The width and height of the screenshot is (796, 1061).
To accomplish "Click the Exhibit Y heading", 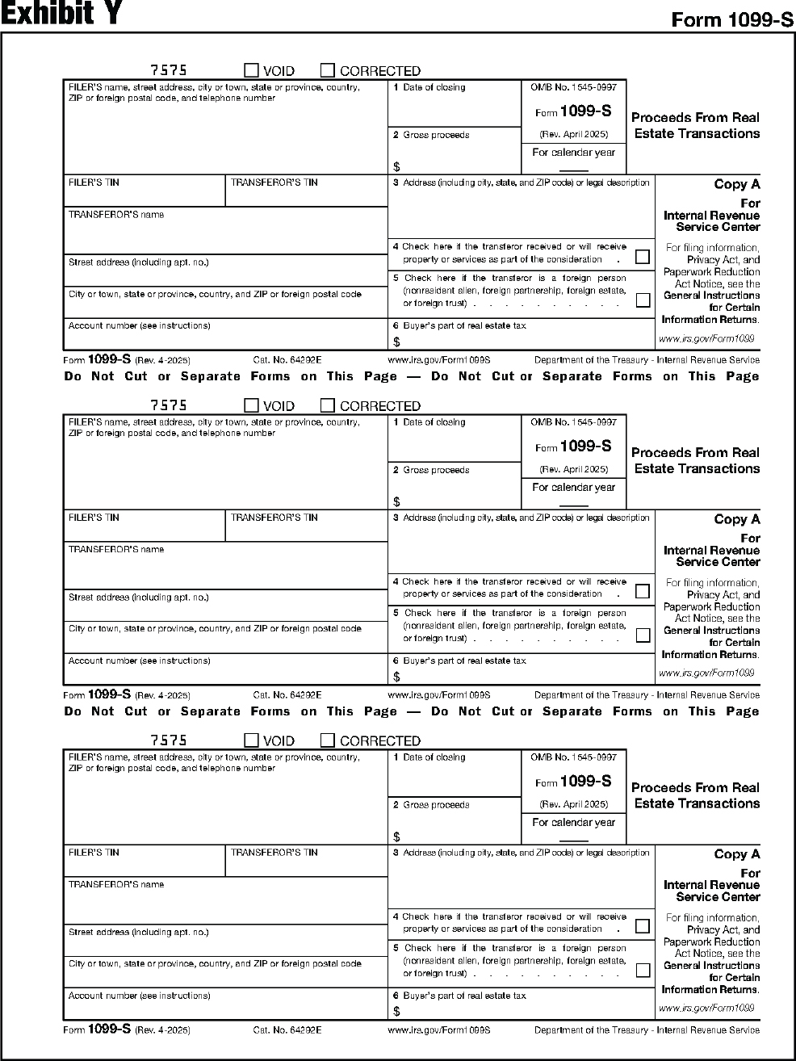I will click(x=61, y=15).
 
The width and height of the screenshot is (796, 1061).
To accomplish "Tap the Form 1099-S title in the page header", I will click(x=732, y=20).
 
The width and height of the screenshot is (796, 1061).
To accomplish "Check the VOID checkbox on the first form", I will click(x=252, y=70).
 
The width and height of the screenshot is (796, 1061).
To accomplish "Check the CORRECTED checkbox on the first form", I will click(x=328, y=70).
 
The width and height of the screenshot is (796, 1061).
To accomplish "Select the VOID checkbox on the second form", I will click(x=252, y=405).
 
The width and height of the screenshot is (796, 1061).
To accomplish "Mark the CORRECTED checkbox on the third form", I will click(x=328, y=740).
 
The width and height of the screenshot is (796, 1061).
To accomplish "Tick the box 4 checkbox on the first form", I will click(x=643, y=257).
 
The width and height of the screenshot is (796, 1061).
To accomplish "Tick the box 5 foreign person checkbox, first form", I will click(x=643, y=300).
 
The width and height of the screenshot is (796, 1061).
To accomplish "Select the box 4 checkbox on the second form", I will click(x=643, y=591).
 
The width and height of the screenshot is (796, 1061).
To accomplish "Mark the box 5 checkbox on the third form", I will click(x=643, y=970).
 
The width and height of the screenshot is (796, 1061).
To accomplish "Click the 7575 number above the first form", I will click(x=169, y=70).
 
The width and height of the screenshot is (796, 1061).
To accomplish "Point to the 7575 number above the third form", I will click(x=169, y=740).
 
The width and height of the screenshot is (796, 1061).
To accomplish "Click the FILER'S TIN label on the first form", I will click(x=94, y=182).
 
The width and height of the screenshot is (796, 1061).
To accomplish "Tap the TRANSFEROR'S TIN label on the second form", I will click(x=274, y=518).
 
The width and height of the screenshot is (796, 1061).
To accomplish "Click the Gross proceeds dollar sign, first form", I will click(x=396, y=166).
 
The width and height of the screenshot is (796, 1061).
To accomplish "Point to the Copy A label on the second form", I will click(x=736, y=519).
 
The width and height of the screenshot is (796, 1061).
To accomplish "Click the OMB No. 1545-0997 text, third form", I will click(x=573, y=757).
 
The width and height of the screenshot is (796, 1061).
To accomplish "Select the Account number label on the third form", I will click(x=139, y=996).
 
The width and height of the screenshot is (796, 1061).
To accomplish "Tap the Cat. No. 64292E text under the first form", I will click(x=287, y=360).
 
